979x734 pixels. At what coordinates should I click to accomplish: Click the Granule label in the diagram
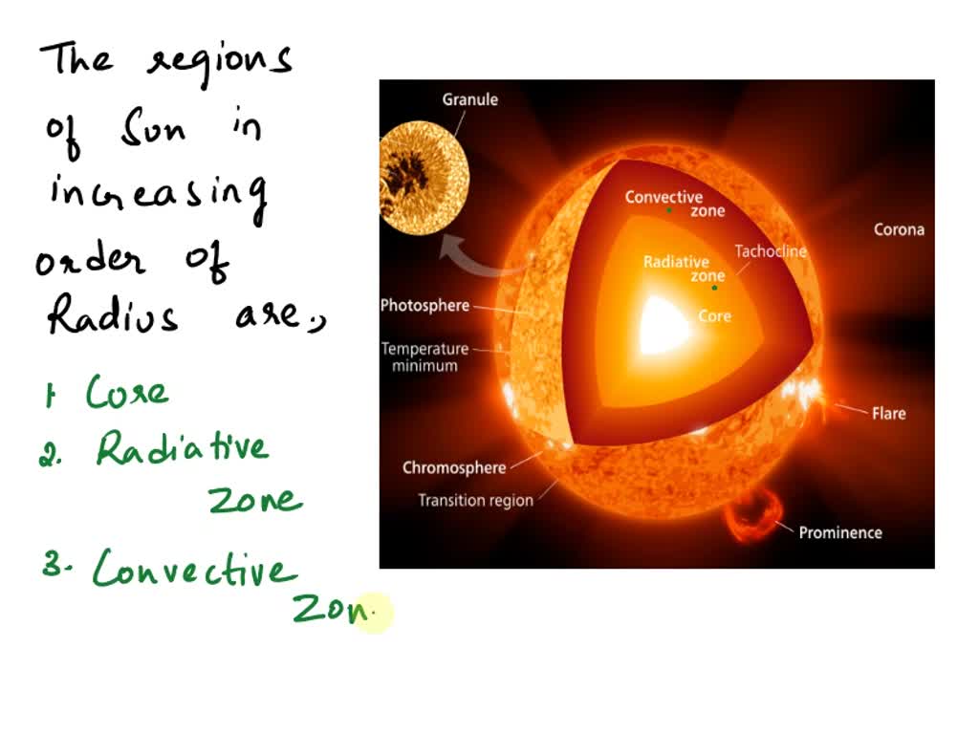tap(469, 99)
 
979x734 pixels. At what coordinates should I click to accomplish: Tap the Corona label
tap(899, 229)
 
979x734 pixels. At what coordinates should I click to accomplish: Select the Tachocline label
tap(771, 251)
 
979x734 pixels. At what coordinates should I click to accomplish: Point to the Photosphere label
tap(424, 306)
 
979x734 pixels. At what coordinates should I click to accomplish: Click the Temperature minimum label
tap(424, 357)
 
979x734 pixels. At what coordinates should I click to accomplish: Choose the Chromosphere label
tap(453, 467)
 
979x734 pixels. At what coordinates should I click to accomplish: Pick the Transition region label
tap(475, 500)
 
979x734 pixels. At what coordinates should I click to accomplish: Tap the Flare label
tap(888, 414)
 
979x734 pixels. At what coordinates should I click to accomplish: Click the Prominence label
tap(839, 532)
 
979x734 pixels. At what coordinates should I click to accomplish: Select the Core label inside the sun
tap(714, 316)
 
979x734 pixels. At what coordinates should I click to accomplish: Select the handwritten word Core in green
tap(127, 393)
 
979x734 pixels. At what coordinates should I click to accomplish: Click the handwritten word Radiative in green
tap(182, 449)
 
